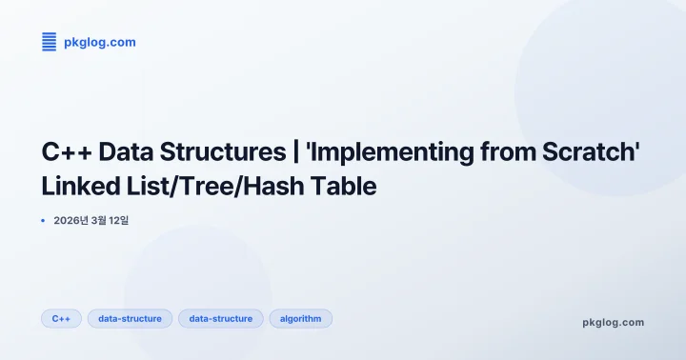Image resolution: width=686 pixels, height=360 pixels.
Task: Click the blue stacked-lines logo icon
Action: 49,41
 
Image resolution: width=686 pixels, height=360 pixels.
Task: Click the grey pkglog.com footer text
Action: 613,322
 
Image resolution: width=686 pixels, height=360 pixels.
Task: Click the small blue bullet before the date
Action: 44,220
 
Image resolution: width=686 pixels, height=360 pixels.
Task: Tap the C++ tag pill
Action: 62,318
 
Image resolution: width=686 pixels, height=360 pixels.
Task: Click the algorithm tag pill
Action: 300,318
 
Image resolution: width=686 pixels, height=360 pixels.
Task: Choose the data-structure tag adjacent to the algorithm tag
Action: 220,318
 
